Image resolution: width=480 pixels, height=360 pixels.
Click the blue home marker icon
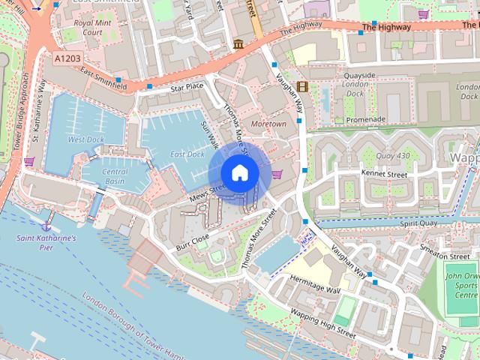point(239,173)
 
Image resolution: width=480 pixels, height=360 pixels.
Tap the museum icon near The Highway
point(238,43)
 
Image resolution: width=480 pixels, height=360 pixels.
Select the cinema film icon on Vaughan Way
point(301,87)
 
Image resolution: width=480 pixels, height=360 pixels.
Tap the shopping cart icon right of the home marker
point(277,175)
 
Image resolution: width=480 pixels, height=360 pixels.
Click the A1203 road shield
point(68,57)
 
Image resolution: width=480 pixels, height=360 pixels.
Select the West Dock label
point(86,139)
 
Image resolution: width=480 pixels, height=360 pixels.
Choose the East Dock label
point(187,154)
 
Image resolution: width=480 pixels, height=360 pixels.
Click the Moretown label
point(268,124)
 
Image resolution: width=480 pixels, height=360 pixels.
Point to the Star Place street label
point(187,88)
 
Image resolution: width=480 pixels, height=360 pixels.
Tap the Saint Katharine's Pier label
point(46,241)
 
